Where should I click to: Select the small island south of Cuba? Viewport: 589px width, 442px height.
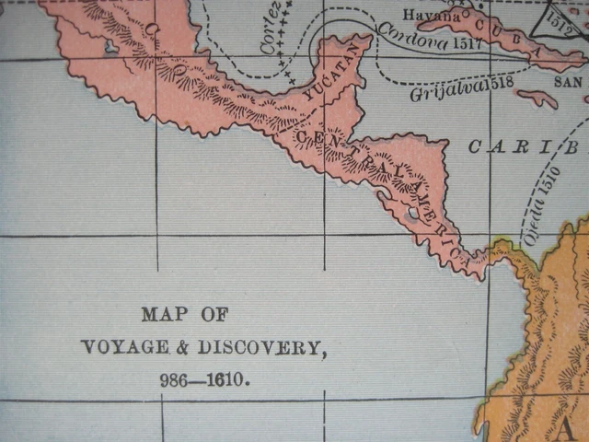click(x=537, y=98)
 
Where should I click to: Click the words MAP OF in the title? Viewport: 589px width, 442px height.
click(x=184, y=315)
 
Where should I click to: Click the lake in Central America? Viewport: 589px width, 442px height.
click(x=412, y=213)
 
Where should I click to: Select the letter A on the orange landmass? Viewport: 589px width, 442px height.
click(x=571, y=426)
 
